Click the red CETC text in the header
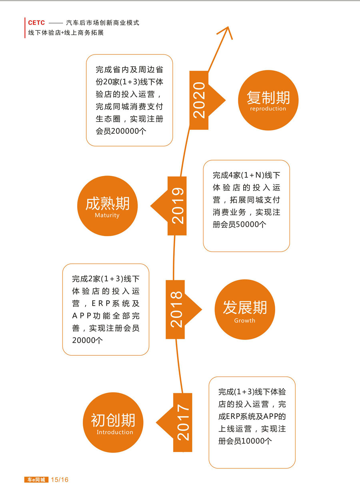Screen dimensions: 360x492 pyautogui.click(x=36, y=23)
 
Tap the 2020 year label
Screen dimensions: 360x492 pyautogui.click(x=199, y=100)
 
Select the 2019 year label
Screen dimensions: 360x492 pyautogui.click(x=178, y=206)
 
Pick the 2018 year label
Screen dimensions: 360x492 pyautogui.click(x=176, y=309)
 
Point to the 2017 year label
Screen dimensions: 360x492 pyautogui.click(x=183, y=422)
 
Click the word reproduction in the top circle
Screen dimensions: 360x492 pyautogui.click(x=268, y=109)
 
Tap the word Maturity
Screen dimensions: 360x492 pyautogui.click(x=107, y=215)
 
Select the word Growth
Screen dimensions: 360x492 pyautogui.click(x=245, y=321)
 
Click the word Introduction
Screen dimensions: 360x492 pyautogui.click(x=115, y=432)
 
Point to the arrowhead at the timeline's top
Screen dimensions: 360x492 pyautogui.click(x=228, y=27)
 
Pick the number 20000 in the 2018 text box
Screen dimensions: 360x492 pyautogui.click(x=84, y=340)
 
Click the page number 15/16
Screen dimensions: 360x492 pyautogui.click(x=60, y=480)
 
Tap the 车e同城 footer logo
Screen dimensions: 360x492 pyautogui.click(x=36, y=480)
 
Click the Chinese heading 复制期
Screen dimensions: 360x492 pyautogui.click(x=268, y=98)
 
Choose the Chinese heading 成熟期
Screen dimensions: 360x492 pyautogui.click(x=108, y=203)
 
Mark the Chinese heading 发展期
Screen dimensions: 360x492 pyautogui.click(x=245, y=307)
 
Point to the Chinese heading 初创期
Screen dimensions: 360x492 pyautogui.click(x=113, y=420)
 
